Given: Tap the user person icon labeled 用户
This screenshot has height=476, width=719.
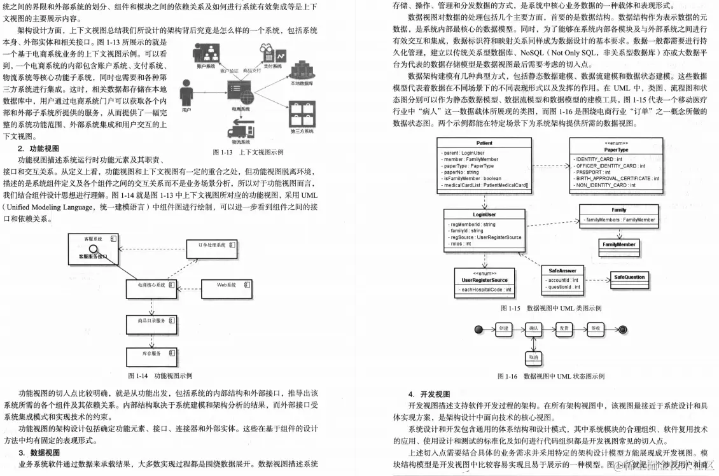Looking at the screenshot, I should click(x=186, y=95).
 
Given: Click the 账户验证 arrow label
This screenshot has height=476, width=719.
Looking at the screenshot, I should click(x=228, y=71).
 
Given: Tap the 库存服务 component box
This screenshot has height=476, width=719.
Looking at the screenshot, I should click(x=152, y=353).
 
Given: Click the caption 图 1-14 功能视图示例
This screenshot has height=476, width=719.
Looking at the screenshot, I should click(x=160, y=376).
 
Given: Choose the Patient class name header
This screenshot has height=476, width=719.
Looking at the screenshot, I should click(x=484, y=143).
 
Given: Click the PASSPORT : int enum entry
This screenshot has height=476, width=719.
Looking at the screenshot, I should click(x=593, y=172).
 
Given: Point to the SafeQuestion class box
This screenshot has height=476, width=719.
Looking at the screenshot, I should click(x=629, y=277).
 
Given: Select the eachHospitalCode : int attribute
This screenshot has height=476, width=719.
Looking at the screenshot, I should click(x=487, y=290).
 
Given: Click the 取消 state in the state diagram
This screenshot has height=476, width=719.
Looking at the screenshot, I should click(x=533, y=357).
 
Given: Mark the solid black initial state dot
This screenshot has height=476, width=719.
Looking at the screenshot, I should click(x=477, y=329).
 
